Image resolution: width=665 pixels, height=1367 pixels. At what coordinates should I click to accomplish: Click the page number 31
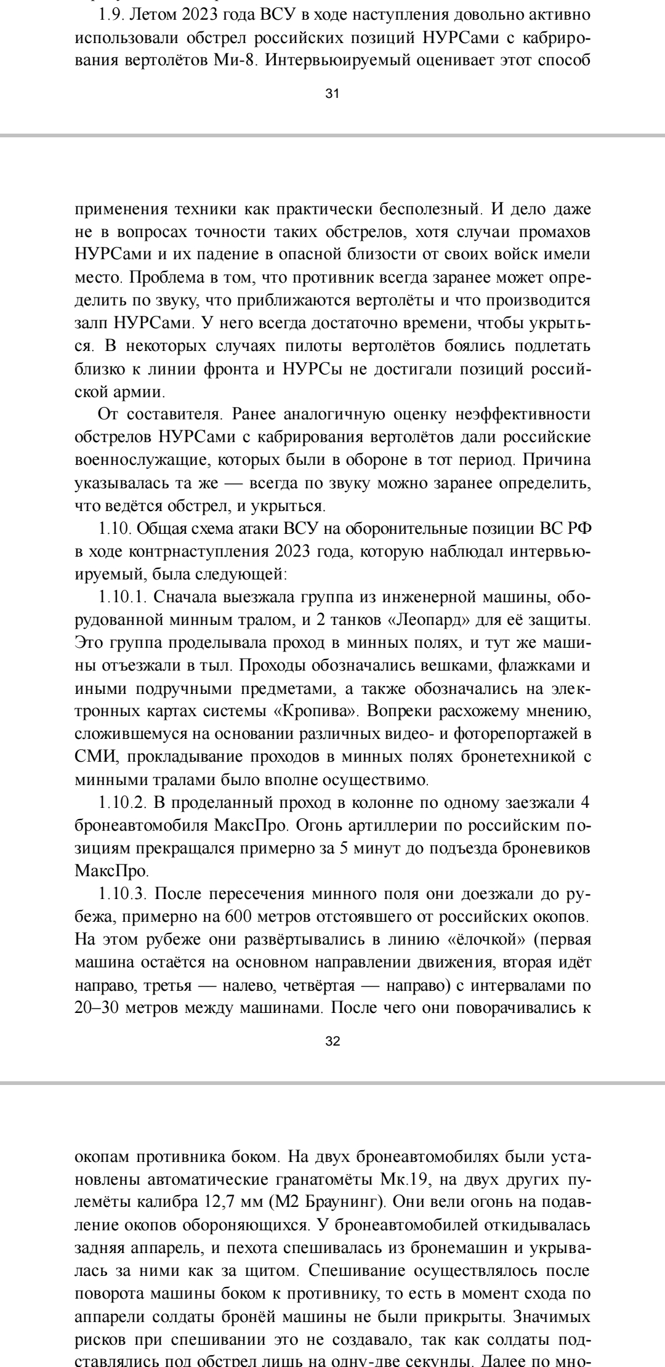coord(332,94)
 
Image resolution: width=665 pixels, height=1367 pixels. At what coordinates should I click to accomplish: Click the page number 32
coord(332,1041)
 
